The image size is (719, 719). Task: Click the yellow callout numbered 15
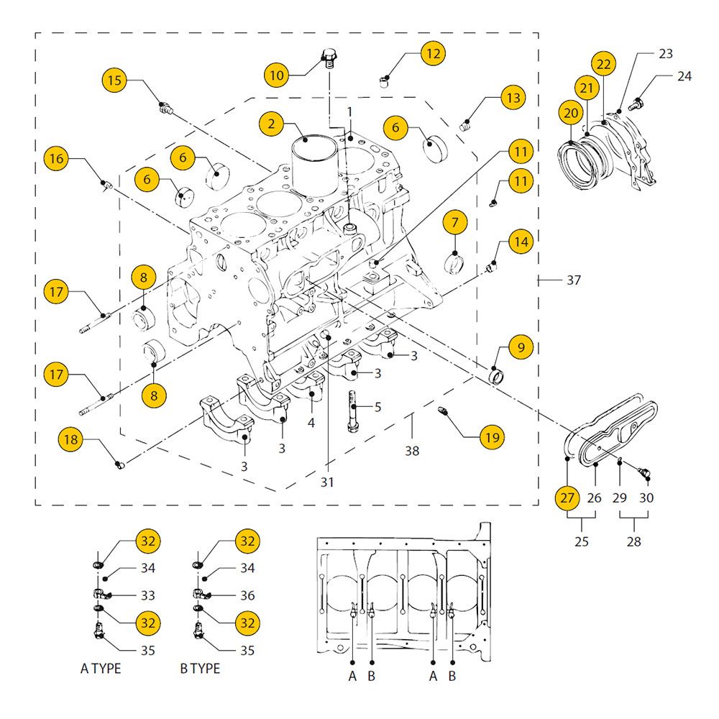pos(114,81)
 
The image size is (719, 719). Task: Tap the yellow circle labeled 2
pos(272,124)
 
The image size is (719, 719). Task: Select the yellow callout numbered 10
pos(277,75)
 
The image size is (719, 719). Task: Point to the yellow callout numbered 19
pos(493,437)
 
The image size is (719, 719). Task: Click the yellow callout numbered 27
pos(567,498)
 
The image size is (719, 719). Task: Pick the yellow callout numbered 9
pos(521,347)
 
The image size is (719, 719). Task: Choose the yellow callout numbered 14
pos(521,242)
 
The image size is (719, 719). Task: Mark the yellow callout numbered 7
pos(455,222)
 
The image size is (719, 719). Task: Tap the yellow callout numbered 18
pos(71,439)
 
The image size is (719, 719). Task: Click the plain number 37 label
pos(574,280)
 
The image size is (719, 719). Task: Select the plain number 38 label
pos(412,451)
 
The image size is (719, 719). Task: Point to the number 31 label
pos(327,482)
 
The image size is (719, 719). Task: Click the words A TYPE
pos(101,669)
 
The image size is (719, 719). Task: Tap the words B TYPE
pos(200,669)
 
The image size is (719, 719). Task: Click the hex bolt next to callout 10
pos(327,58)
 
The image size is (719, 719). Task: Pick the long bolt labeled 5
pos(352,411)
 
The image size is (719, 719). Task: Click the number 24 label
pos(684,76)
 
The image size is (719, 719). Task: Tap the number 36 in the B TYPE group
pos(247,595)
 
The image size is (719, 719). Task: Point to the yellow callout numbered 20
pos(571,112)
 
